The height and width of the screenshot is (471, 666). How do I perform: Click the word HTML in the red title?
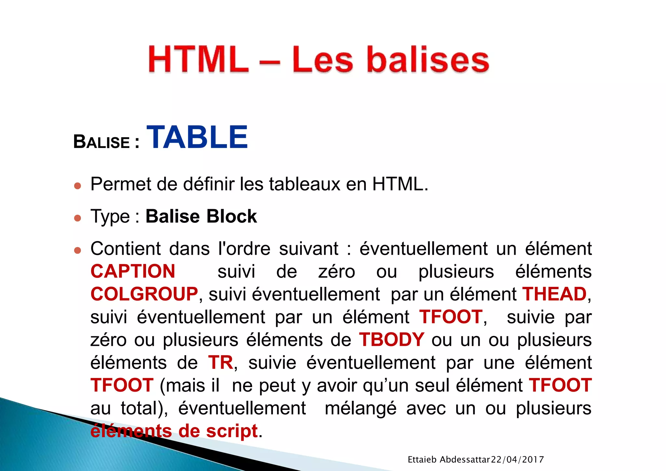[198, 60]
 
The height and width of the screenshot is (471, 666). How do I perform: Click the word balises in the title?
[428, 60]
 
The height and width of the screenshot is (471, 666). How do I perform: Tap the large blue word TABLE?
[197, 138]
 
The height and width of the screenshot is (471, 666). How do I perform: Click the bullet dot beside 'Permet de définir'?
[77, 186]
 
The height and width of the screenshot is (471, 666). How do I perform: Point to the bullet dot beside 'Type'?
[77, 218]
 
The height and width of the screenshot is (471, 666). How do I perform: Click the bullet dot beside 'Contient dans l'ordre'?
[77, 250]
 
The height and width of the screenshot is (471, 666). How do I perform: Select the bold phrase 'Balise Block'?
[201, 216]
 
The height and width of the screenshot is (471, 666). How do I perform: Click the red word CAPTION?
[133, 271]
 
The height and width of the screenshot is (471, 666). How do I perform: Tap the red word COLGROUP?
[144, 294]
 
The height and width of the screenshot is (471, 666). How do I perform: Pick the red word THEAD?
[554, 294]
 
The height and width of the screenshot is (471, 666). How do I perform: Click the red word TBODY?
[392, 340]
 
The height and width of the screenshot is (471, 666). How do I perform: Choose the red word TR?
[220, 362]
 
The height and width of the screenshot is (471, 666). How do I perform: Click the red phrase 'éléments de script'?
[174, 431]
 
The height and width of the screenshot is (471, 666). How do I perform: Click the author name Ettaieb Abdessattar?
[448, 460]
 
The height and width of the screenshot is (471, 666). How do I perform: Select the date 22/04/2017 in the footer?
[517, 460]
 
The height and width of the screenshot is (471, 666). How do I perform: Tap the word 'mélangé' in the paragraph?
[361, 409]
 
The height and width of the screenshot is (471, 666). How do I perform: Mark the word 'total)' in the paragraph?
[144, 409]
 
